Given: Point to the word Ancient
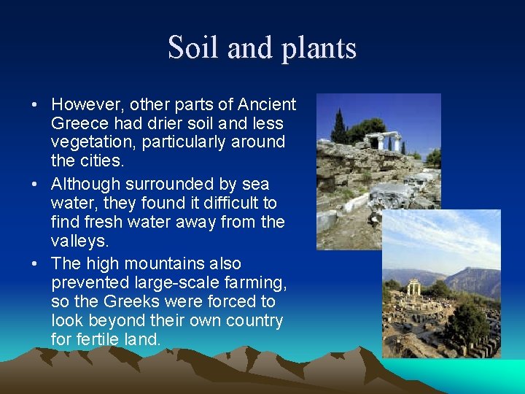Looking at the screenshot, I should tap(268, 104).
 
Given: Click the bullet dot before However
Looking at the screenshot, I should tap(35, 105).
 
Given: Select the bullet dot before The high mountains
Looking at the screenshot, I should tap(35, 264).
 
